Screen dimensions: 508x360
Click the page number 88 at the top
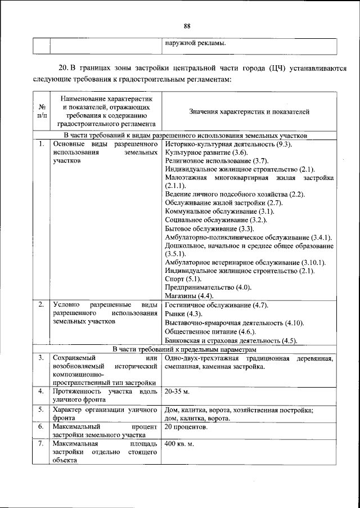tap(187, 25)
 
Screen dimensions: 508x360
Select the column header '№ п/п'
tap(41, 111)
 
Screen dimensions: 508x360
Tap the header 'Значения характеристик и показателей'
tap(249, 112)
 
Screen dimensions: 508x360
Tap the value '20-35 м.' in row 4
tap(177, 390)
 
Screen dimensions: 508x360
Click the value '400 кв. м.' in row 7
tap(179, 444)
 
